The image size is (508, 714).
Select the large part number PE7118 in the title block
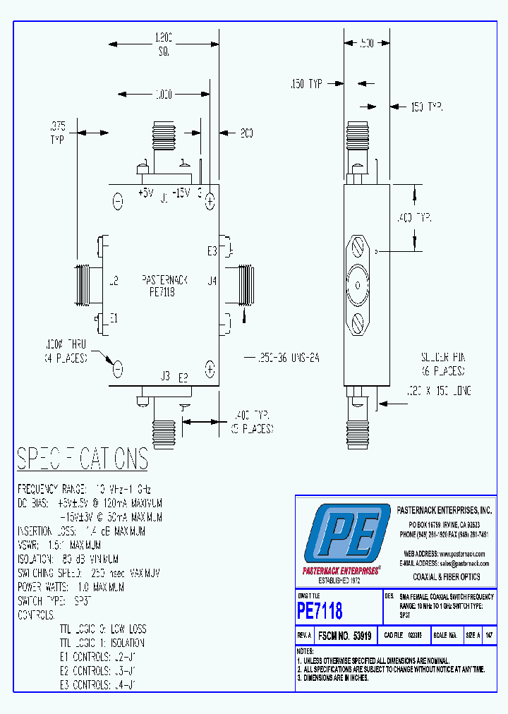320,610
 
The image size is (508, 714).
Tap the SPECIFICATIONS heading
83,459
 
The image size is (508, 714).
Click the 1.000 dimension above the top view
163,94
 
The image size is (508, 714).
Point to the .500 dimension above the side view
365,44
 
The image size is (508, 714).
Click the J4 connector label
212,281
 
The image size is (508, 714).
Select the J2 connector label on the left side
113,281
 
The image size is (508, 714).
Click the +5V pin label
145,193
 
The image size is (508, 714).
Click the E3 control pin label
212,250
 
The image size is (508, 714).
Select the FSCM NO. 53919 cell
344,636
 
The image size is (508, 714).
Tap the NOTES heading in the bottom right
305,651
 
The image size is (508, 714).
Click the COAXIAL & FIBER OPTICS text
446,577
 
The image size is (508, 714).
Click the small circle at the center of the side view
358,285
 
